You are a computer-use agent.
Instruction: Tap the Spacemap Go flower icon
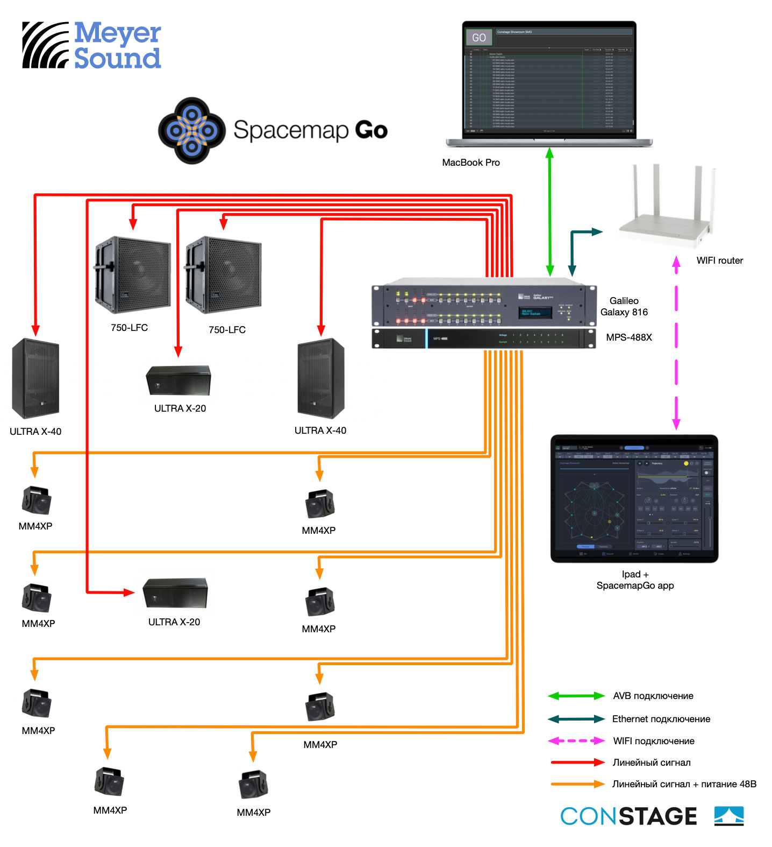[191, 130]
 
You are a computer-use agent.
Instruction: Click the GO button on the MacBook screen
[478, 38]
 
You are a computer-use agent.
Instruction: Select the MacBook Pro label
[470, 163]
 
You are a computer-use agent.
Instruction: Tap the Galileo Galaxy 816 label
[624, 307]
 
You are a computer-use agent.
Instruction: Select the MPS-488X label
[628, 337]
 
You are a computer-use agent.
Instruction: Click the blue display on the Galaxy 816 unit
[535, 313]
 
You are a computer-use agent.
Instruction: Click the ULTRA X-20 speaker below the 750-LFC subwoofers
[178, 380]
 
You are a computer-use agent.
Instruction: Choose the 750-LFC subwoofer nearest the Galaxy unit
[224, 275]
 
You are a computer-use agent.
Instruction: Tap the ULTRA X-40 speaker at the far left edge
[35, 378]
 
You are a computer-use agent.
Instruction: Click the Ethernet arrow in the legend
[576, 719]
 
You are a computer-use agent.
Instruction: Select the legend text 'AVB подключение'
[653, 696]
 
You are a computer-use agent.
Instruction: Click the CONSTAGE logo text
[628, 816]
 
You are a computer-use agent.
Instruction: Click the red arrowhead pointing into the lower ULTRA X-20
[129, 592]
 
